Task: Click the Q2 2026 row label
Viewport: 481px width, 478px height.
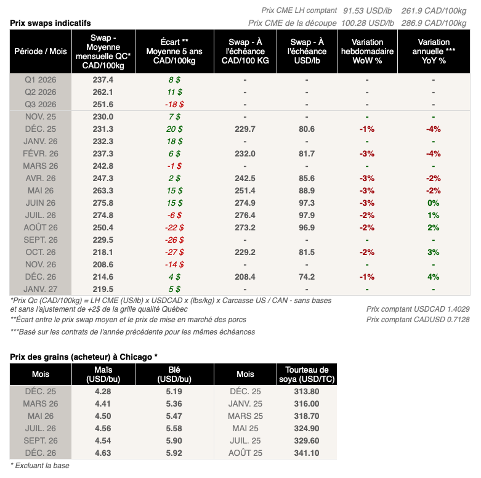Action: pos(41,92)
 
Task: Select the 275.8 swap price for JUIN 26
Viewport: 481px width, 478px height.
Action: pos(102,203)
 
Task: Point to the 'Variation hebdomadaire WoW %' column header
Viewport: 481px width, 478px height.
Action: pos(367,52)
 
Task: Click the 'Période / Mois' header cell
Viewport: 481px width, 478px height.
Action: pos(41,52)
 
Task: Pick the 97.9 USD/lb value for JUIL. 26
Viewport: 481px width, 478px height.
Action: pos(306,215)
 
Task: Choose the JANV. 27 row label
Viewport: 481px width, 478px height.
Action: pos(41,289)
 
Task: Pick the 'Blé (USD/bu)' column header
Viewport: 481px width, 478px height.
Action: pos(174,374)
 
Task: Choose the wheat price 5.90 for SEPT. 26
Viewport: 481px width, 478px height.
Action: pos(174,440)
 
